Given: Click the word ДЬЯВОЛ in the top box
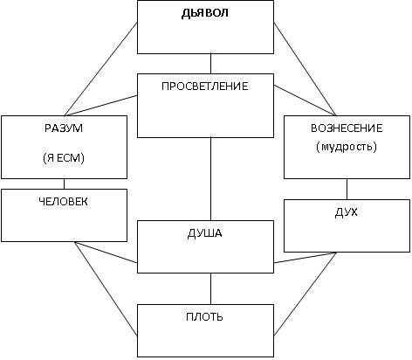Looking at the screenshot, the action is coord(205,13).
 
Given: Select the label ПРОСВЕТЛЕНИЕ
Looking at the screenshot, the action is coord(205,87).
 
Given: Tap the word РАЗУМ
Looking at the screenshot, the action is coord(64,128).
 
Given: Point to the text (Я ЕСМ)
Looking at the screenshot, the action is coord(64,158).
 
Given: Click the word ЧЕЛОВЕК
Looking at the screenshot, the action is coord(63,202).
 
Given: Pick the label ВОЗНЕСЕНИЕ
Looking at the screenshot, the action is coord(347,128).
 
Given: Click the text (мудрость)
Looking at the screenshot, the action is coord(347,147).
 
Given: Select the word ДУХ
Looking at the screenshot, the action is coord(347,212).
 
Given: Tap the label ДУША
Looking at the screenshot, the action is coord(205,233).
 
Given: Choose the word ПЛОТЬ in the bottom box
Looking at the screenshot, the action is coord(204,317).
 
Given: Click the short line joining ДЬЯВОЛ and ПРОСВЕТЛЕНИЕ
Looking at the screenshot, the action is coord(210,64).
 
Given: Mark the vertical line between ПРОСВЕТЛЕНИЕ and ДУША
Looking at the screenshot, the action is coord(210,179).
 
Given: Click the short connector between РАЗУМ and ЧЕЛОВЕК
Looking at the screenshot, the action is coord(64,184).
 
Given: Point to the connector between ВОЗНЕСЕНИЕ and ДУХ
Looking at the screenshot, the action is coord(347,190).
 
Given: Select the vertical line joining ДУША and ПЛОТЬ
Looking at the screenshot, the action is coord(210,289).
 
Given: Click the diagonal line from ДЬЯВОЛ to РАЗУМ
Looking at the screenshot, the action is coord(100,69).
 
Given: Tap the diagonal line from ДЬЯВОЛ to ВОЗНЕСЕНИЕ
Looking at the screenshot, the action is coord(305,69).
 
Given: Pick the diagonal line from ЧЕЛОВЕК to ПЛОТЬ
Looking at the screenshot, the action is coord(106,288).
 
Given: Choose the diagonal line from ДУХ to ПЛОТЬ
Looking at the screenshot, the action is coord(305,294).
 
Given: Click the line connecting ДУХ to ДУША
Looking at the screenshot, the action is coord(305,258).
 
